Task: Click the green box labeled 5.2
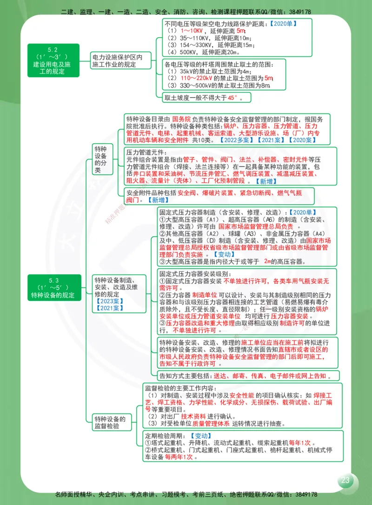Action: (53, 60)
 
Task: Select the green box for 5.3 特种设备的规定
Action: (53, 288)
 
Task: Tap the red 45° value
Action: (232, 97)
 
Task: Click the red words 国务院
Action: (181, 119)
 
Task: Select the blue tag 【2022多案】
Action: (237, 140)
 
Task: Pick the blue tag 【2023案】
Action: (108, 301)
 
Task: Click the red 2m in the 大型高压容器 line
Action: (267, 262)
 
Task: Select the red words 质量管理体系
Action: (211, 424)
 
